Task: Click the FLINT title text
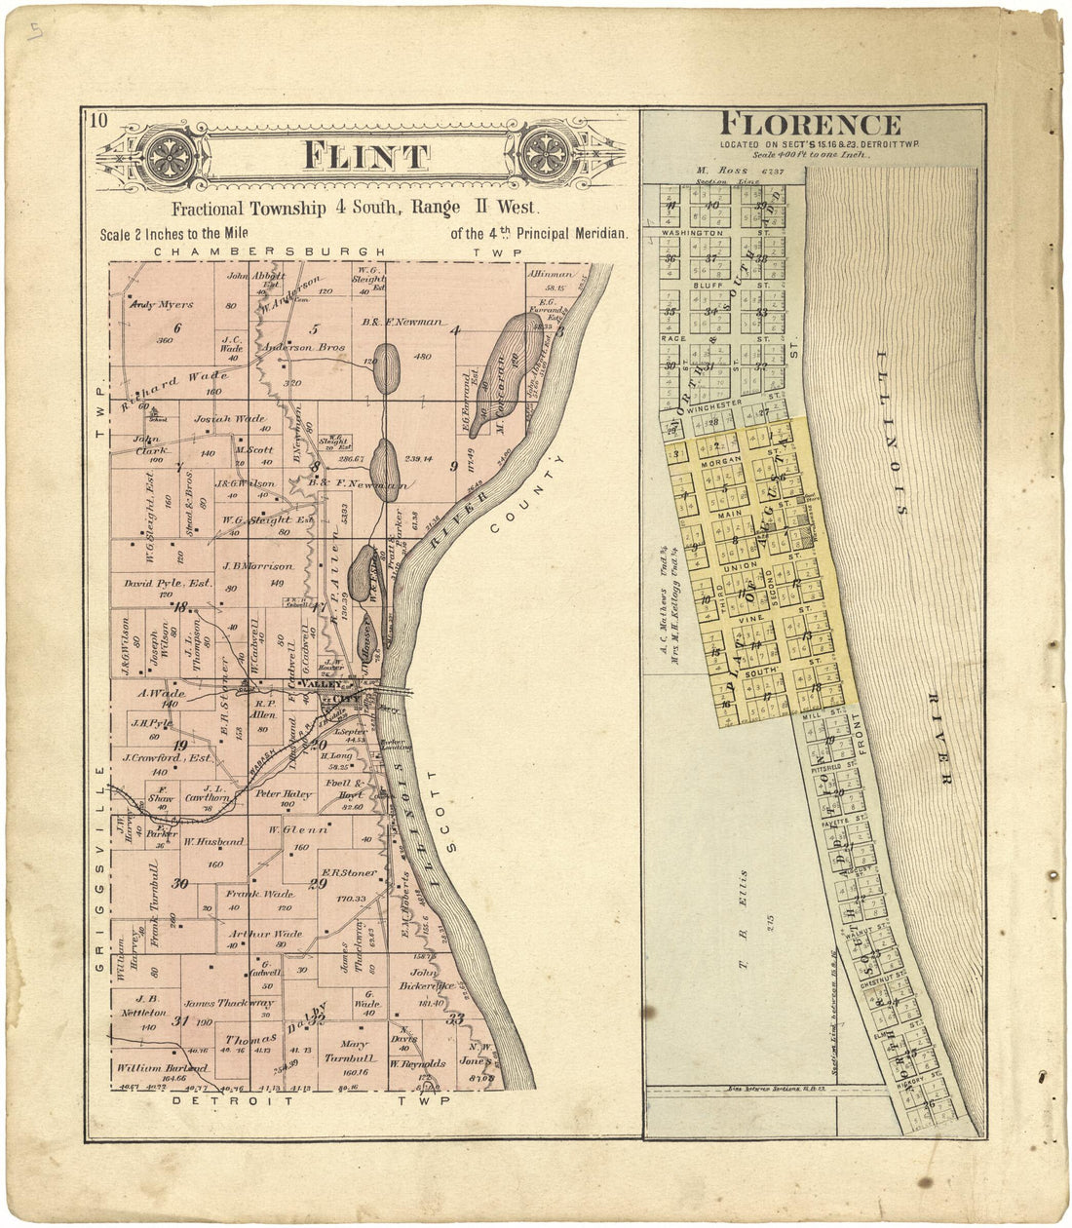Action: (365, 156)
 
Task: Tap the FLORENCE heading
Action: (810, 125)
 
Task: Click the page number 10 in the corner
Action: (97, 121)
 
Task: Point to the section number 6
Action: (177, 326)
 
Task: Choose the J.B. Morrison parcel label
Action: (257, 566)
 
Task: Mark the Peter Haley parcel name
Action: (283, 794)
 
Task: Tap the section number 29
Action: (317, 885)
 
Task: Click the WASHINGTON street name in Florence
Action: (692, 234)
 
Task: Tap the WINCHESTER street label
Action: (714, 403)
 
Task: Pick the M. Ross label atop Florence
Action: (720, 171)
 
